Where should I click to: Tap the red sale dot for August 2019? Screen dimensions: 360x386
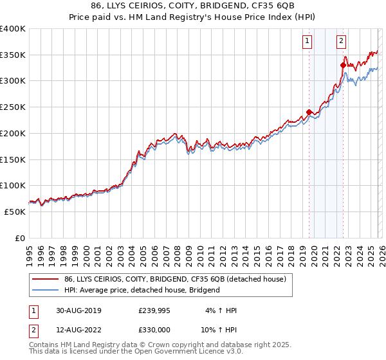(309, 113)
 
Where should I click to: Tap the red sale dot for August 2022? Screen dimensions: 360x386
(343, 64)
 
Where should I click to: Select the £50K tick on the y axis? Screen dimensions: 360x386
(15, 212)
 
